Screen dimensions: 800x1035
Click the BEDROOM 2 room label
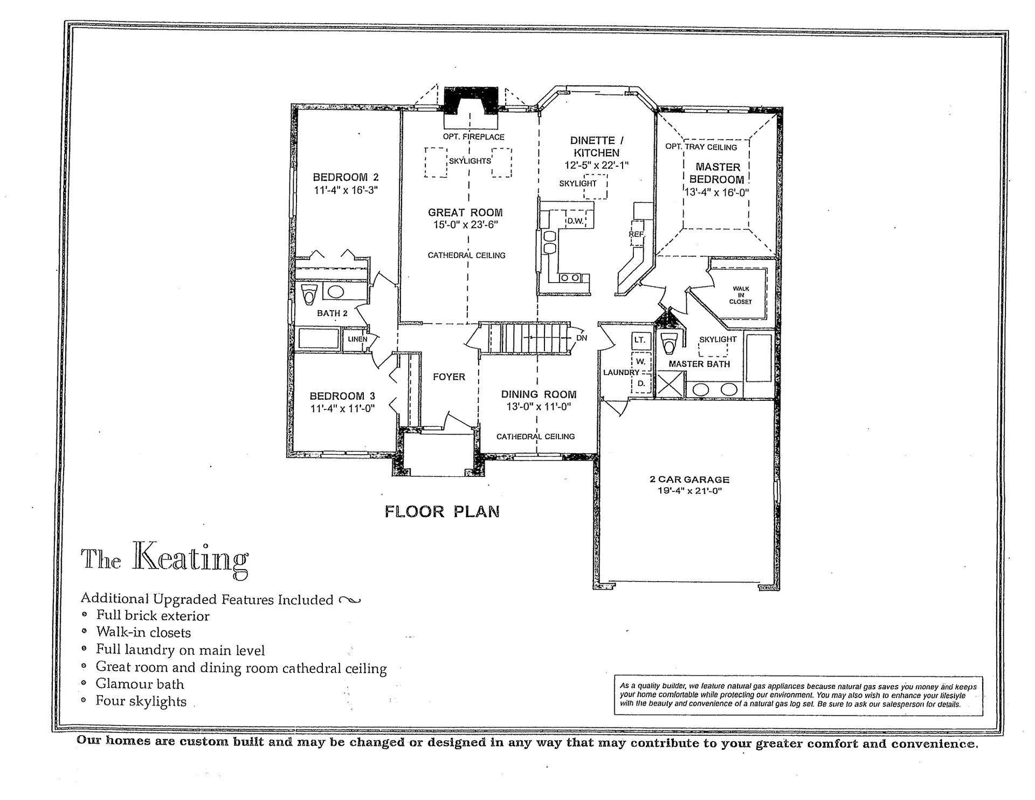click(x=346, y=177)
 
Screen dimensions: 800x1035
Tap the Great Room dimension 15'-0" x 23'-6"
click(x=465, y=225)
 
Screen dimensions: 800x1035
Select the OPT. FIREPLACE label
click(x=473, y=137)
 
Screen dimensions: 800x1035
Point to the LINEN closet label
click(x=357, y=339)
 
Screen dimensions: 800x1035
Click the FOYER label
click(x=448, y=377)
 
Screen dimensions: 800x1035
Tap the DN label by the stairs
click(x=581, y=338)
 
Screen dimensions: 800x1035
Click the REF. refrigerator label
click(x=636, y=235)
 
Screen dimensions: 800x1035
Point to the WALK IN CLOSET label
click(x=740, y=295)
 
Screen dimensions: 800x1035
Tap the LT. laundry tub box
click(x=639, y=340)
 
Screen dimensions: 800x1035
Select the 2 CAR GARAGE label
click(x=689, y=479)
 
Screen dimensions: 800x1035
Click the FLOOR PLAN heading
click(x=441, y=511)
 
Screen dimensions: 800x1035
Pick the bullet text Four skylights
click(x=141, y=701)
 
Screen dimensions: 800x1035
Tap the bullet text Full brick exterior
click(x=153, y=616)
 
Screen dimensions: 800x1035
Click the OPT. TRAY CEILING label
click(x=701, y=147)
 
